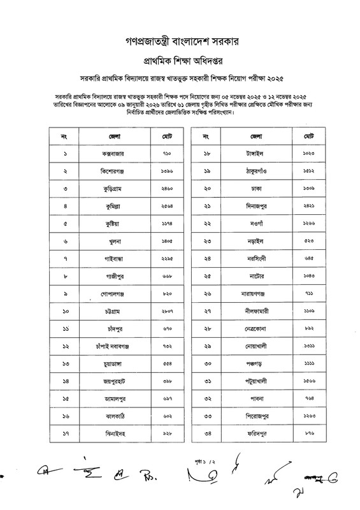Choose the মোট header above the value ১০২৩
309,136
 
